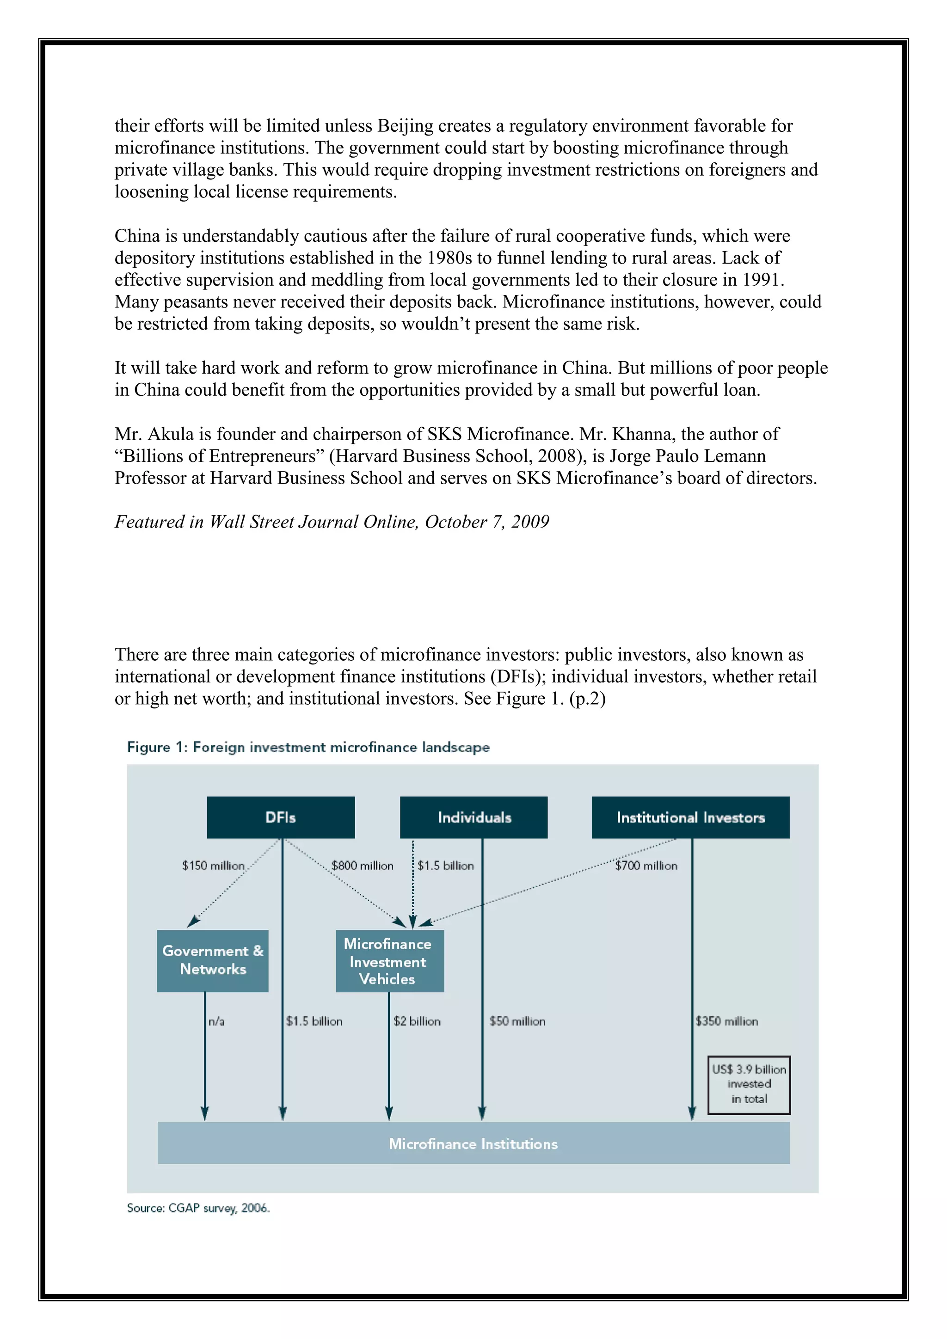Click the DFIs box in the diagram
[281, 817]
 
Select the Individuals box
[473, 817]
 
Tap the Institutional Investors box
[690, 817]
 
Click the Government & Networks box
[213, 960]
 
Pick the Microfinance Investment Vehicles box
[389, 960]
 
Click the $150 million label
[213, 866]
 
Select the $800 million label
[362, 866]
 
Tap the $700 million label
[646, 866]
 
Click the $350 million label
[726, 1021]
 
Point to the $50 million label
[517, 1021]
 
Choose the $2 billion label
[417, 1021]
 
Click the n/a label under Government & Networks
[216, 1021]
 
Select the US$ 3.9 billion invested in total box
[749, 1084]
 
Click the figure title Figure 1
[308, 747]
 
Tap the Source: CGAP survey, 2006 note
[198, 1208]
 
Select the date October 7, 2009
[487, 522]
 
